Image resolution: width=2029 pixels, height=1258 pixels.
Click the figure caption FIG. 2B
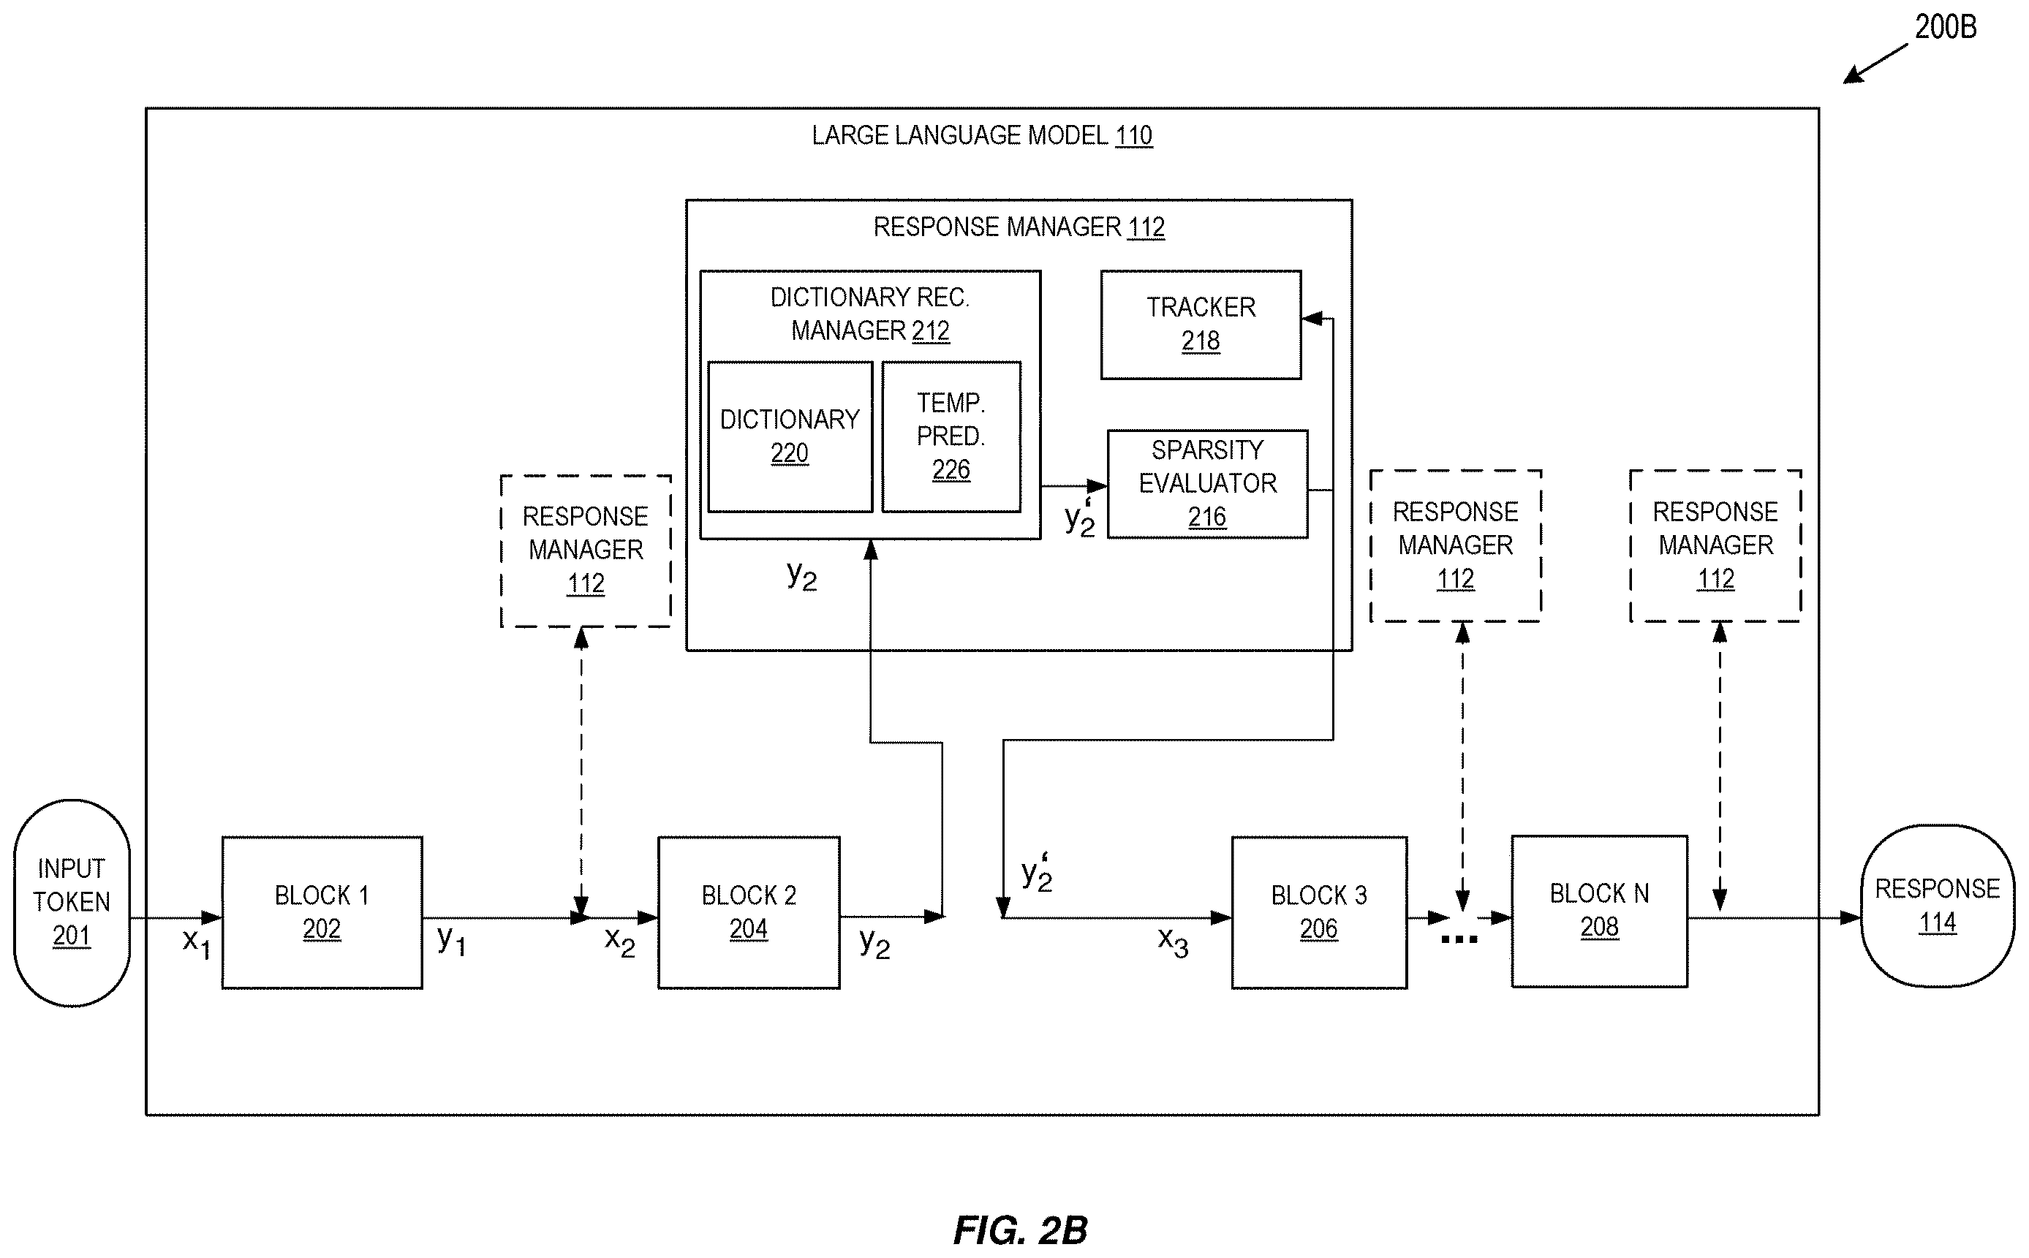(1020, 1229)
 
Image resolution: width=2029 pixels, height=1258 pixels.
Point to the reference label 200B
(1946, 28)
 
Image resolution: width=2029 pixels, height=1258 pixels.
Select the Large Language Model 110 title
(982, 134)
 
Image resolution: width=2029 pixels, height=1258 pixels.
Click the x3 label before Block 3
(1174, 941)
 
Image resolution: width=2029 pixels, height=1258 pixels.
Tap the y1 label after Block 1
(452, 940)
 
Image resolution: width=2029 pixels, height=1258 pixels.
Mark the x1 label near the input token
(197, 944)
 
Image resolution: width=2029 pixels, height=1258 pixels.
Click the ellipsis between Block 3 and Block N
(1459, 939)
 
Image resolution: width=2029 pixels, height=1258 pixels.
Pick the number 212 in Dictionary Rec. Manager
(931, 331)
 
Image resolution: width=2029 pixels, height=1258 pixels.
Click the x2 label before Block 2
(620, 941)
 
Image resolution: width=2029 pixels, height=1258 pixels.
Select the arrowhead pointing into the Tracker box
(1312, 318)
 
